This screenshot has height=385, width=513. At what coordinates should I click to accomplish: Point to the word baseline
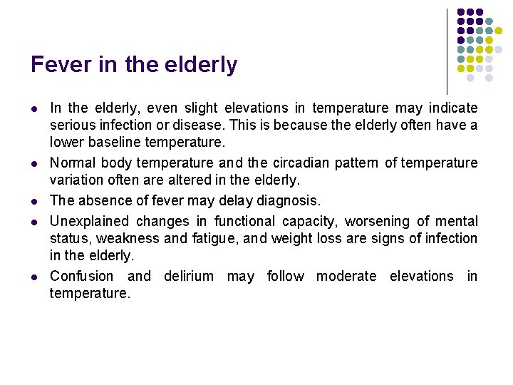pyautogui.click(x=115, y=142)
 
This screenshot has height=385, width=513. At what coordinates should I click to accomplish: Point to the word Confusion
pyautogui.click(x=81, y=276)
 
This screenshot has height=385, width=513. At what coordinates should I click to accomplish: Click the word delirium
pyautogui.click(x=188, y=276)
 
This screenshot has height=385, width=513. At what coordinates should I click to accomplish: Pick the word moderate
pyautogui.click(x=346, y=276)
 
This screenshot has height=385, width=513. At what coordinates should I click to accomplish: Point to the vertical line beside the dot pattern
pyautogui.click(x=447, y=50)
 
